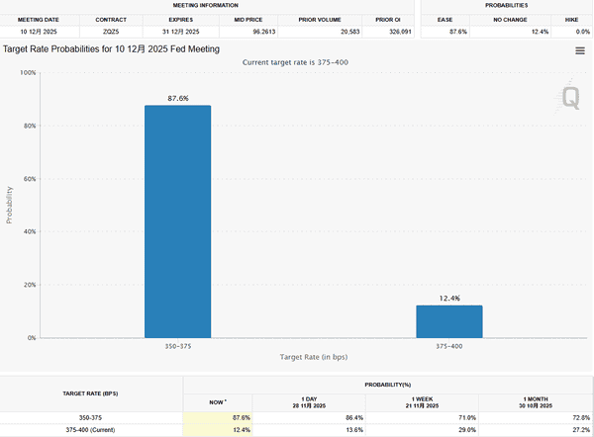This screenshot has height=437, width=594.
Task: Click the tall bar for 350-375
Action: [177, 221]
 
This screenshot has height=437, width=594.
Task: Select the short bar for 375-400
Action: [448, 321]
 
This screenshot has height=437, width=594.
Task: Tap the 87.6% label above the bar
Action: [177, 98]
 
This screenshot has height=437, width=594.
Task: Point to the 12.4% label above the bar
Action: [448, 298]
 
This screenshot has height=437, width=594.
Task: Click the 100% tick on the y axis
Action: [28, 73]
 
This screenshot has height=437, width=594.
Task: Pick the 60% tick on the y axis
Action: [29, 179]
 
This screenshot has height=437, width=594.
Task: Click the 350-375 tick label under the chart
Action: [177, 347]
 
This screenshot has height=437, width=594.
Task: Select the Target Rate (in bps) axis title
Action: [313, 357]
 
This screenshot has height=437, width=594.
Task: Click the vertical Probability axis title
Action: [10, 205]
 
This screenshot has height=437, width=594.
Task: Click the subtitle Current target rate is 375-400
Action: [296, 62]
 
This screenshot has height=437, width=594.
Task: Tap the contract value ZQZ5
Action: [110, 32]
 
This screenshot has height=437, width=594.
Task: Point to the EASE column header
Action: [445, 19]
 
